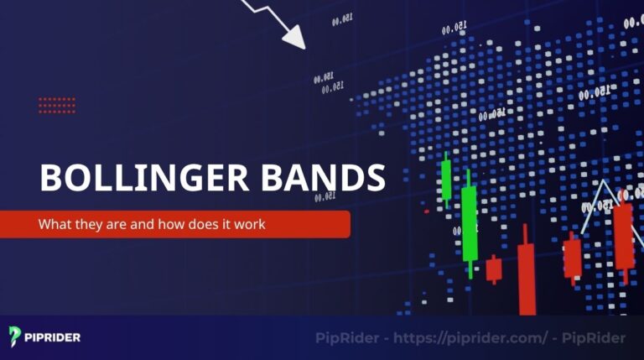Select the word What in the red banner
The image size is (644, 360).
(53, 225)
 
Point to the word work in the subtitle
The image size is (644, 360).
(249, 225)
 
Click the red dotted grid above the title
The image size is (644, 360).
(57, 105)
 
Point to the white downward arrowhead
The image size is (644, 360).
(293, 37)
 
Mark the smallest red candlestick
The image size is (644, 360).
(494, 269)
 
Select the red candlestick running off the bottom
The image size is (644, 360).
(526, 277)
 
